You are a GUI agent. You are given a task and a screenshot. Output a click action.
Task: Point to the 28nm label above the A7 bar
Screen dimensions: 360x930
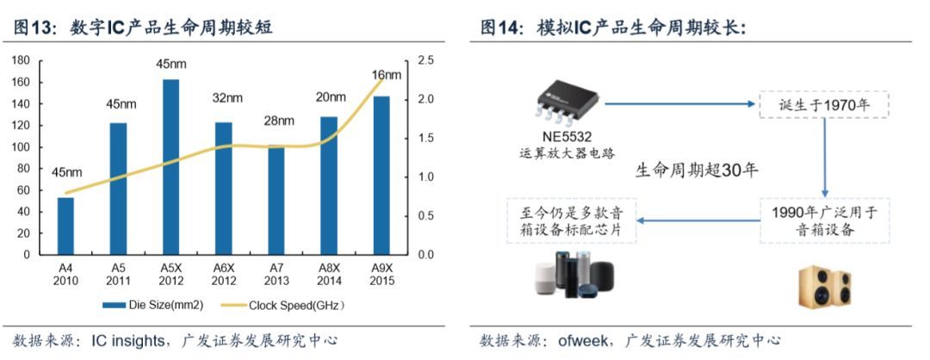point(279,120)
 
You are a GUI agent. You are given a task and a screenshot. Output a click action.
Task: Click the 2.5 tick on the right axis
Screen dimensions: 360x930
point(425,60)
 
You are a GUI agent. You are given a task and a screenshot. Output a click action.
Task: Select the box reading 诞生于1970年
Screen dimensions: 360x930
point(823,104)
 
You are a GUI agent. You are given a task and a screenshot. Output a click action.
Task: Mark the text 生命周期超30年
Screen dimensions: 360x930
point(697,170)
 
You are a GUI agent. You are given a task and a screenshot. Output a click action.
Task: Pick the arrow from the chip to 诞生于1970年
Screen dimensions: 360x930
point(680,103)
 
